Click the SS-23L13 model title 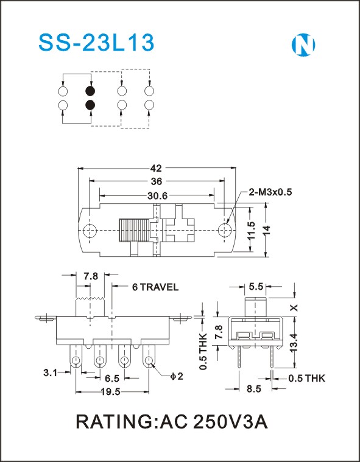pyautogui.click(x=96, y=43)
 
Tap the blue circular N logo pyautogui.click(x=303, y=45)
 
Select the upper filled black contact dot pyautogui.click(x=90, y=91)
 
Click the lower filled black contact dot pyautogui.click(x=90, y=105)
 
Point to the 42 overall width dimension pyautogui.click(x=156, y=168)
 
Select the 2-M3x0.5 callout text pyautogui.click(x=270, y=192)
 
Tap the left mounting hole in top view pyautogui.click(x=90, y=231)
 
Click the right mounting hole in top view pyautogui.click(x=225, y=230)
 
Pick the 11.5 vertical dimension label pyautogui.click(x=251, y=230)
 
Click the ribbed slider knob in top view pyautogui.click(x=134, y=230)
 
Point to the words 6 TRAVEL pyautogui.click(x=155, y=287)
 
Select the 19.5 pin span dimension pyautogui.click(x=111, y=391)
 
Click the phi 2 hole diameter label pyautogui.click(x=177, y=376)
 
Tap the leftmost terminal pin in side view pyautogui.click(x=76, y=357)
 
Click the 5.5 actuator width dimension pyautogui.click(x=256, y=286)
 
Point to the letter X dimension pyautogui.click(x=294, y=308)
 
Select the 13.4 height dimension pyautogui.click(x=294, y=343)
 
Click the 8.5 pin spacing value pyautogui.click(x=254, y=389)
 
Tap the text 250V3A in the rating pyautogui.click(x=230, y=422)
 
